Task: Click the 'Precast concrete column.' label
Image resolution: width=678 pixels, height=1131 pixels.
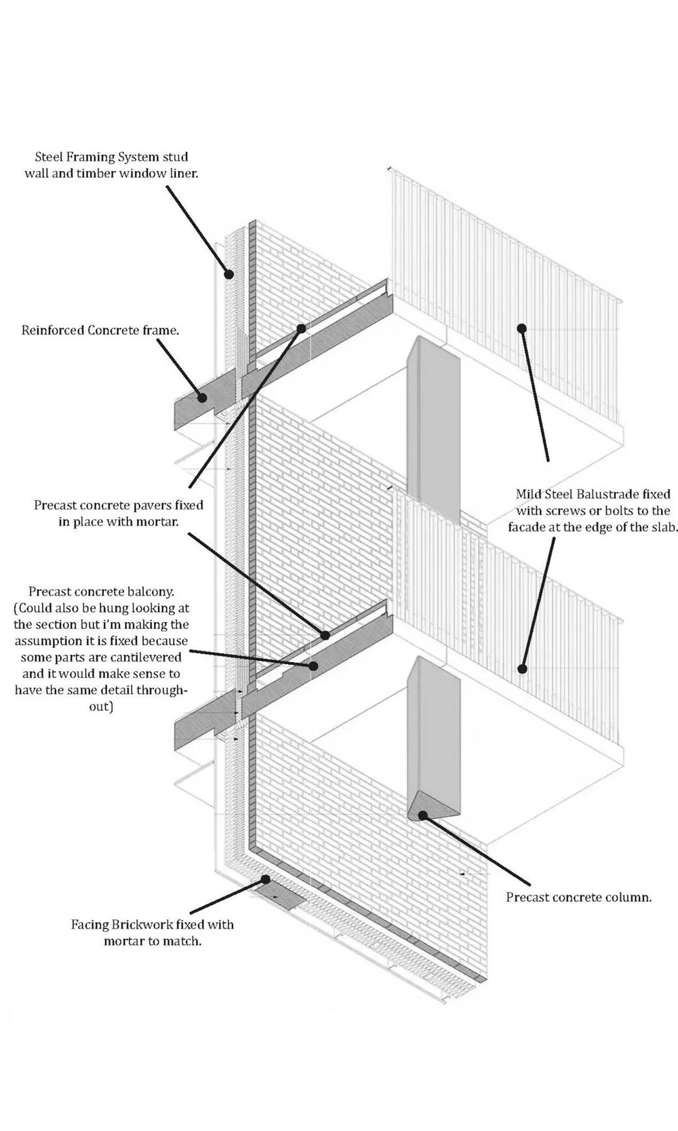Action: coord(578,897)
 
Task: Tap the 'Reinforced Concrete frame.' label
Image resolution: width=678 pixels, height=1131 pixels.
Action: coord(100,330)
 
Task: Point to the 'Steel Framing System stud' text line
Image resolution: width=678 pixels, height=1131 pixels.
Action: coord(111,157)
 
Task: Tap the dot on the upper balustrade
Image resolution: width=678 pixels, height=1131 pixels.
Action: coord(521,328)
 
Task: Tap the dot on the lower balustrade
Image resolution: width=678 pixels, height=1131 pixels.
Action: coord(522,668)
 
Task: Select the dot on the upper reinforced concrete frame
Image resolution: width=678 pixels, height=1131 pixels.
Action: coord(201,398)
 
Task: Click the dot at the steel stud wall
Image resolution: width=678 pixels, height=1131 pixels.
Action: coord(229,274)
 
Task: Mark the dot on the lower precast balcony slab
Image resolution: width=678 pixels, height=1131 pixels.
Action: coord(313,666)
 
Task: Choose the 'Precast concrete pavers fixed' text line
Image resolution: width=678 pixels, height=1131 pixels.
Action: coord(119,505)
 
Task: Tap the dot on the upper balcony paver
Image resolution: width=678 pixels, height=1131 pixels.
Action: coord(301,328)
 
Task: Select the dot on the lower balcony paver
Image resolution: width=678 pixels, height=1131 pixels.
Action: coord(325,635)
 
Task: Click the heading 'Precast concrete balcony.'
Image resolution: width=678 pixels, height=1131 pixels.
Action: coord(101,592)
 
